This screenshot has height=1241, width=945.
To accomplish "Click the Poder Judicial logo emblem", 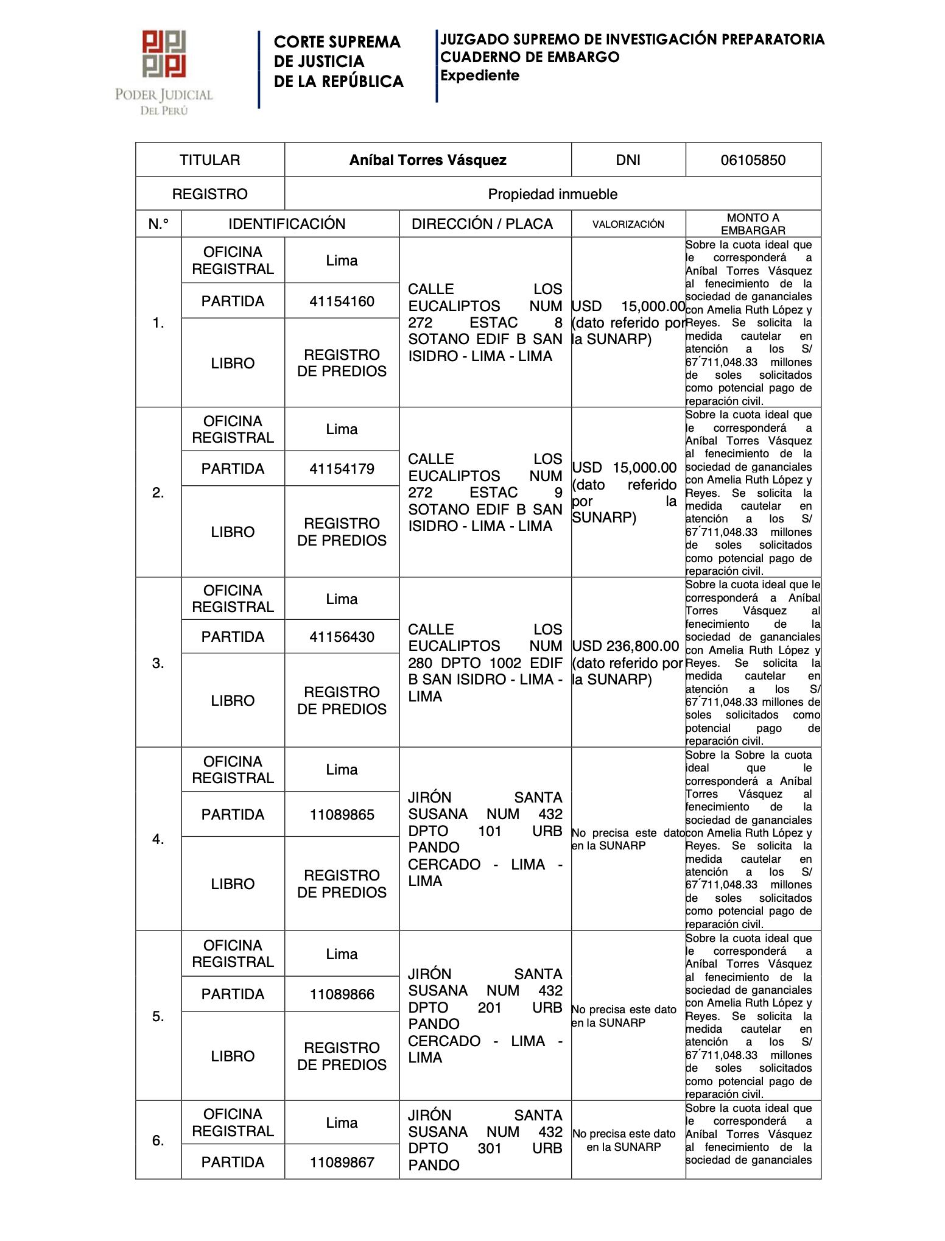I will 164,54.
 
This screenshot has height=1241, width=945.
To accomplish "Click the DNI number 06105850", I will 753,160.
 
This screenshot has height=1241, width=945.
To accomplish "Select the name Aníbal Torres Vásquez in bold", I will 427,160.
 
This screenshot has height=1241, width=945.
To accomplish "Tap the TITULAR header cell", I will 209,160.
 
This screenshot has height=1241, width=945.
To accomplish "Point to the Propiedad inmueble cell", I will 552,194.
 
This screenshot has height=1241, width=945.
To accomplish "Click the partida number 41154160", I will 342,301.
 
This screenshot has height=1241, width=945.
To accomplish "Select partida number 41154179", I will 342,469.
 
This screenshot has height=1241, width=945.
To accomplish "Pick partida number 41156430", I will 342,637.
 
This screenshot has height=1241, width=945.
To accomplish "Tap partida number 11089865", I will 342,815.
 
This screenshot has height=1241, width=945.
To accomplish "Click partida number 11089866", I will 342,994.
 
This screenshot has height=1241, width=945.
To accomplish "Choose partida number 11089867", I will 342,1162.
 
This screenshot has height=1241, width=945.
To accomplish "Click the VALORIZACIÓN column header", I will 628,224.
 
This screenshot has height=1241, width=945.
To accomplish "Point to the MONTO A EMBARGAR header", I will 753,224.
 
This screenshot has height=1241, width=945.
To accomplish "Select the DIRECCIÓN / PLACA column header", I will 482,224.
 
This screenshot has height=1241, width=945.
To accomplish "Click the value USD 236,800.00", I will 625,646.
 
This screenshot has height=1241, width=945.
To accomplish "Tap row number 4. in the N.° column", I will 158,839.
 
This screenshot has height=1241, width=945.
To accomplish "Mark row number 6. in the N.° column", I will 158,1141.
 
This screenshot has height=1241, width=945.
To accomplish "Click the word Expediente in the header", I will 480,76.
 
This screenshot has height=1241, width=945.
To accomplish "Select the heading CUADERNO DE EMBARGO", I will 529,57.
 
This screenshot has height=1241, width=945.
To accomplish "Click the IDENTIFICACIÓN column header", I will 287,224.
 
